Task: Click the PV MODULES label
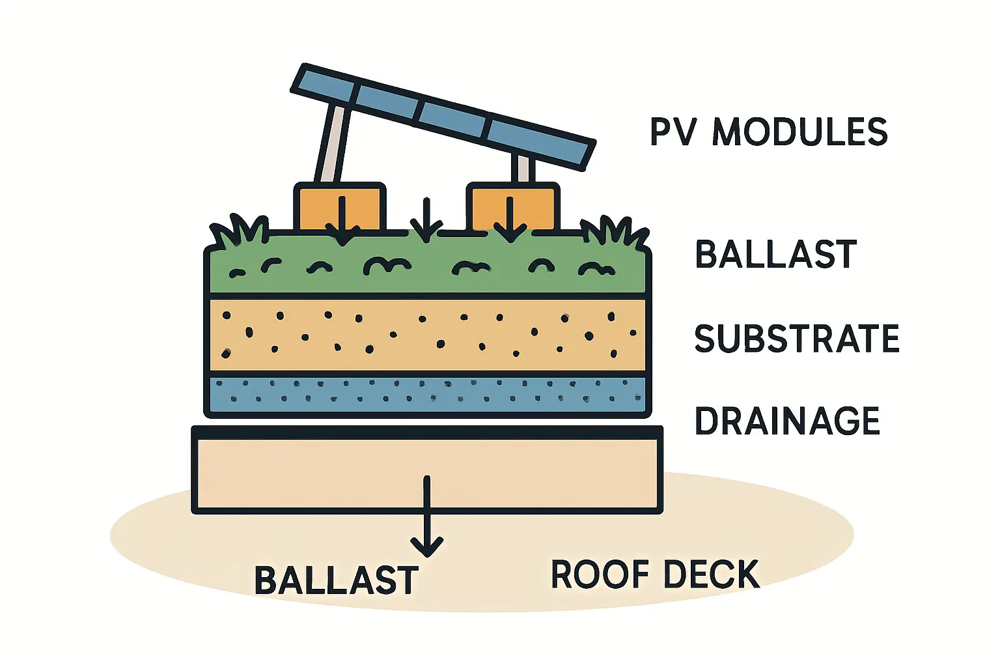(769, 132)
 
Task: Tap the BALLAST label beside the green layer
(775, 254)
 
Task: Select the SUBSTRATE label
(797, 339)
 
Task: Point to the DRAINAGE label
(787, 421)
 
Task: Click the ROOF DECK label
(655, 575)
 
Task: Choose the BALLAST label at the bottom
(336, 580)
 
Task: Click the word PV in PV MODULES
(673, 132)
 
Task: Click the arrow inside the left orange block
(342, 221)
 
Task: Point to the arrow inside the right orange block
(510, 220)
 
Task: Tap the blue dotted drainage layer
(427, 393)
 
